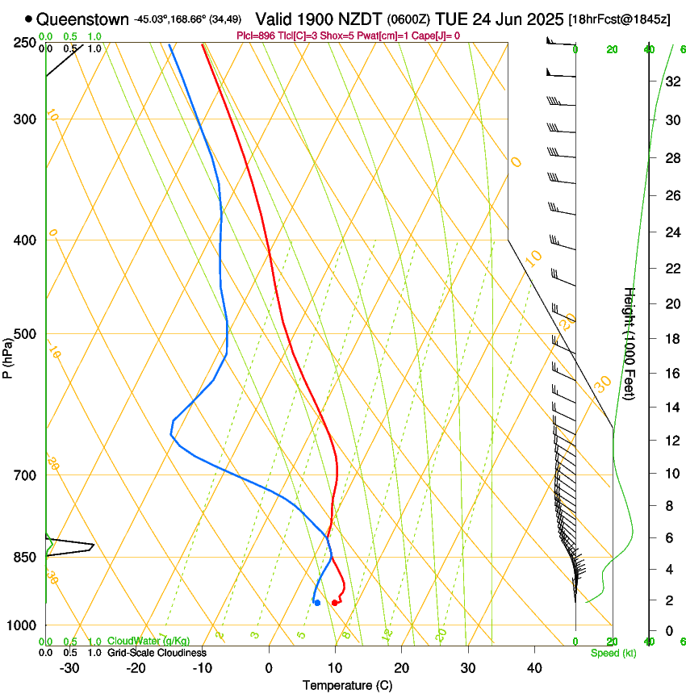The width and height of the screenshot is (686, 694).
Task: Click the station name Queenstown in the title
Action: (x=82, y=19)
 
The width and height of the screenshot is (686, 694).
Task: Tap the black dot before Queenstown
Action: (x=29, y=19)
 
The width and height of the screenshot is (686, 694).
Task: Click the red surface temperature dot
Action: (x=335, y=603)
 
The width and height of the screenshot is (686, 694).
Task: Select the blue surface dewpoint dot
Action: (x=317, y=603)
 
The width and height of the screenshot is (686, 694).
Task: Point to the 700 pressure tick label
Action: (x=24, y=475)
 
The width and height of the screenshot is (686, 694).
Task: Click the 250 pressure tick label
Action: (x=24, y=43)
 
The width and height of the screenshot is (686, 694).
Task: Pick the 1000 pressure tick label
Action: (x=22, y=625)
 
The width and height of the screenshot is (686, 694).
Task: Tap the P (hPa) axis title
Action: (x=8, y=357)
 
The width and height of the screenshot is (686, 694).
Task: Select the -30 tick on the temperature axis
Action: (x=69, y=668)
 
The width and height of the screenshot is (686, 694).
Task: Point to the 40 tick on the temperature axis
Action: (x=534, y=668)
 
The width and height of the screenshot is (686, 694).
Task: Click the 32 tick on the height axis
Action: (x=670, y=81)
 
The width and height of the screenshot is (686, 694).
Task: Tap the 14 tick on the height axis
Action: (x=670, y=408)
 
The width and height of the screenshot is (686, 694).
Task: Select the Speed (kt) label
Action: (x=613, y=653)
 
